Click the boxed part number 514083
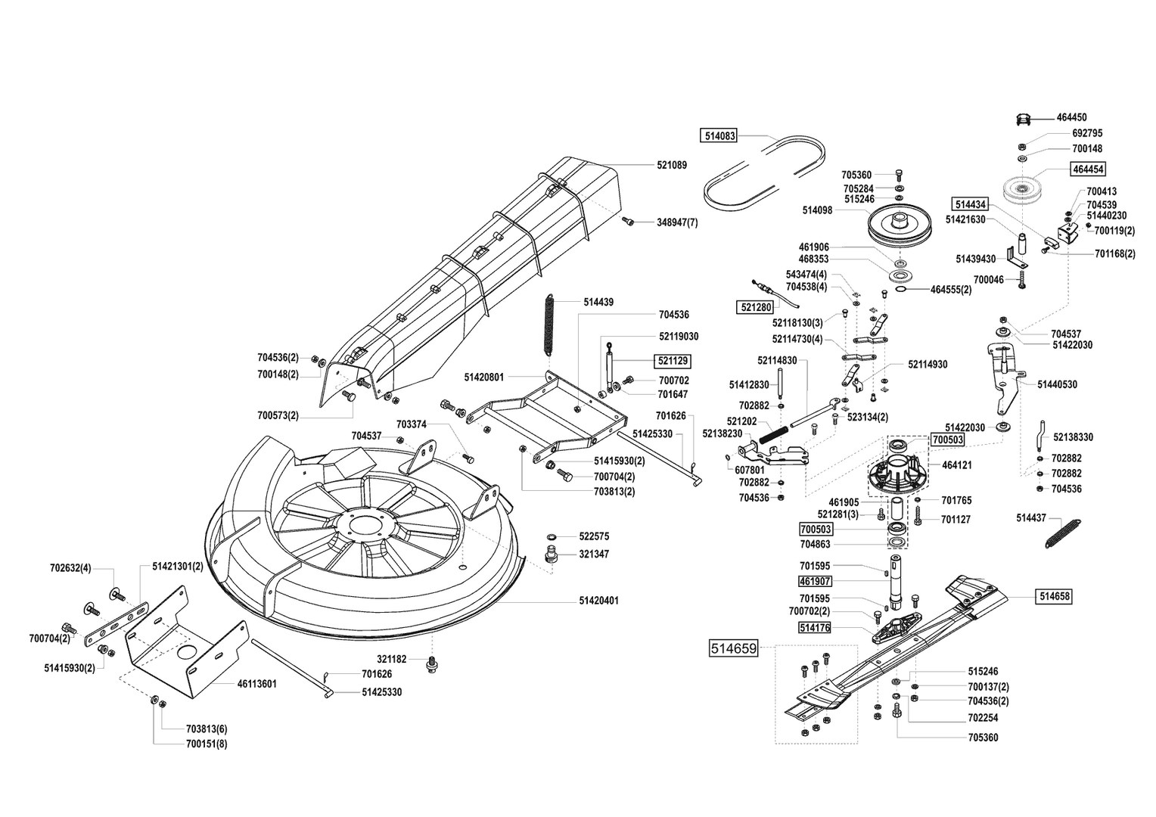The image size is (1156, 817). [719, 136]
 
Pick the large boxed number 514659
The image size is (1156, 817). [733, 648]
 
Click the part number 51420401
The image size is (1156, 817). [599, 601]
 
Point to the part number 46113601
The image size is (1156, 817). [257, 684]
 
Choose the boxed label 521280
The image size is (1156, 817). [754, 308]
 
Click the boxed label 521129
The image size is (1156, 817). [673, 362]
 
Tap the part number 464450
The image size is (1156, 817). [1072, 117]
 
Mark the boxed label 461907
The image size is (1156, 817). [816, 582]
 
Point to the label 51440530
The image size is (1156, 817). [1057, 384]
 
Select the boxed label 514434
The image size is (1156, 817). [971, 204]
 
